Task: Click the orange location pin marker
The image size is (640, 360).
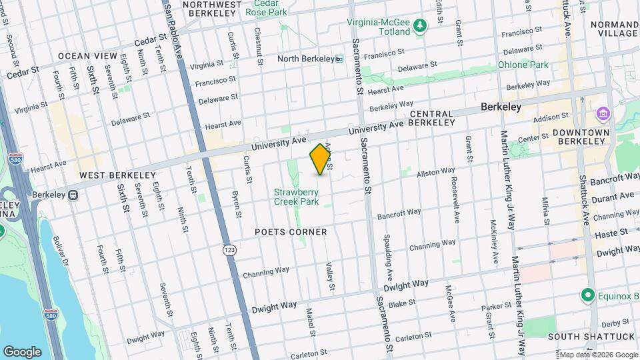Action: [321, 159]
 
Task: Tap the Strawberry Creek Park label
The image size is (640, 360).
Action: [296, 197]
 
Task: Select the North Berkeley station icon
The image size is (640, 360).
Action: [339, 59]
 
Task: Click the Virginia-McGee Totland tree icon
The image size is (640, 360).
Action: [419, 26]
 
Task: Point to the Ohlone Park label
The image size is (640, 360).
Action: [523, 65]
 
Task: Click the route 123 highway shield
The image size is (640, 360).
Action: [229, 249]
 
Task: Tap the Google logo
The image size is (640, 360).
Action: [22, 351]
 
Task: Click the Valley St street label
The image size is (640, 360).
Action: [329, 276]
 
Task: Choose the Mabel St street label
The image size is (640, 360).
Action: [310, 321]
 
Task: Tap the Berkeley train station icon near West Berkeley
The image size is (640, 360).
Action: [73, 196]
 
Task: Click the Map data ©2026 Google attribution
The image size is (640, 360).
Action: [597, 355]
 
